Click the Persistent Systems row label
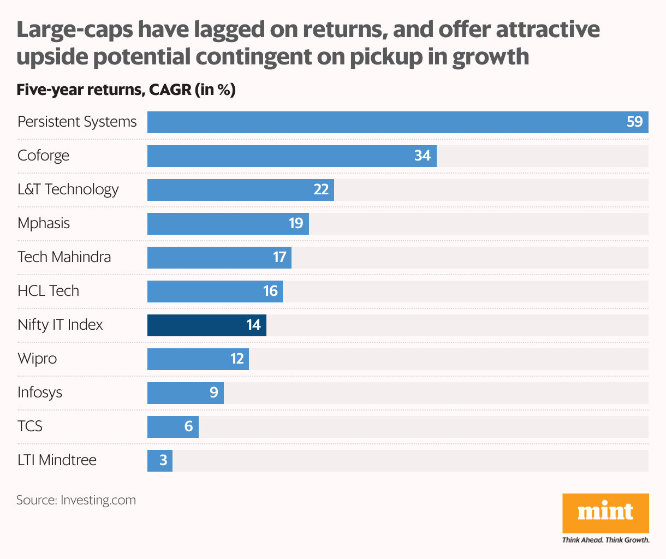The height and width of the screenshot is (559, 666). pyautogui.click(x=77, y=122)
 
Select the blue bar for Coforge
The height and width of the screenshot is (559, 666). pyautogui.click(x=292, y=156)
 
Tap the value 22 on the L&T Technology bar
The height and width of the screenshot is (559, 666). pyautogui.click(x=321, y=189)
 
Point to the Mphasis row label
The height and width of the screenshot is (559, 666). pyautogui.click(x=44, y=223)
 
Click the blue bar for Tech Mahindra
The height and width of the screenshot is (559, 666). pyautogui.click(x=218, y=258)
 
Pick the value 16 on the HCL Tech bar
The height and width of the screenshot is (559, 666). pyautogui.click(x=271, y=291)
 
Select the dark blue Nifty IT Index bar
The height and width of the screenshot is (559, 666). pyautogui.click(x=206, y=325)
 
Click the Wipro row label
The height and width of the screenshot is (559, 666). pyautogui.click(x=37, y=359)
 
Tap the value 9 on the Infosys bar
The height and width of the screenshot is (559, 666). pyautogui.click(x=213, y=393)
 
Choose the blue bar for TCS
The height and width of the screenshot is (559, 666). pyautogui.click(x=173, y=427)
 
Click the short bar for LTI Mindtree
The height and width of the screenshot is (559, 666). pyautogui.click(x=159, y=461)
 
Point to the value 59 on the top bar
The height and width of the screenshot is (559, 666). pyautogui.click(x=634, y=122)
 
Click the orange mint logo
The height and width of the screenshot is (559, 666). pyautogui.click(x=605, y=513)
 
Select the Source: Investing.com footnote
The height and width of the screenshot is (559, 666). pyautogui.click(x=76, y=500)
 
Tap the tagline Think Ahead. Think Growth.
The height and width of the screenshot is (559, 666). pyautogui.click(x=605, y=540)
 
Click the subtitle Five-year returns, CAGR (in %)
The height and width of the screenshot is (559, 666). pyautogui.click(x=126, y=90)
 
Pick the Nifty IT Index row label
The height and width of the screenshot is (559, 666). pyautogui.click(x=60, y=325)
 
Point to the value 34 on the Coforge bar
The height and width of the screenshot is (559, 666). pyautogui.click(x=422, y=156)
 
